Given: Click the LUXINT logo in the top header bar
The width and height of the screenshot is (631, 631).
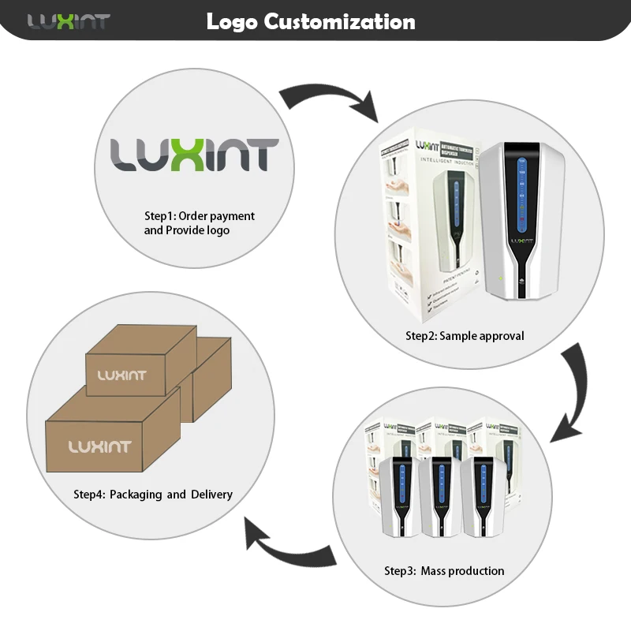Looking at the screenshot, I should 69,21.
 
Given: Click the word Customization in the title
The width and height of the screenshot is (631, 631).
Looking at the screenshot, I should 340,21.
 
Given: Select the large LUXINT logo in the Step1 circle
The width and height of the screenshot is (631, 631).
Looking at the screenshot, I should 194,155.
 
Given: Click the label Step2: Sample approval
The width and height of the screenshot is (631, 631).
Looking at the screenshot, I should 465,336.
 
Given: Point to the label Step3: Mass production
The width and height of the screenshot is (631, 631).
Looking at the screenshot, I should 444,570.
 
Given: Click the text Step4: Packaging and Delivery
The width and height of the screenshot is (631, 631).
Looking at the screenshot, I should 153,495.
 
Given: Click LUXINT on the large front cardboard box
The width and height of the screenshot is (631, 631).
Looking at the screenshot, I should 100,447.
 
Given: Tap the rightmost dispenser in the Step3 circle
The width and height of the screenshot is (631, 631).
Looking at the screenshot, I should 481,497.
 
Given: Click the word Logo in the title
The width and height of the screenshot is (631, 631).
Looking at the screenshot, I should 232,21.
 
